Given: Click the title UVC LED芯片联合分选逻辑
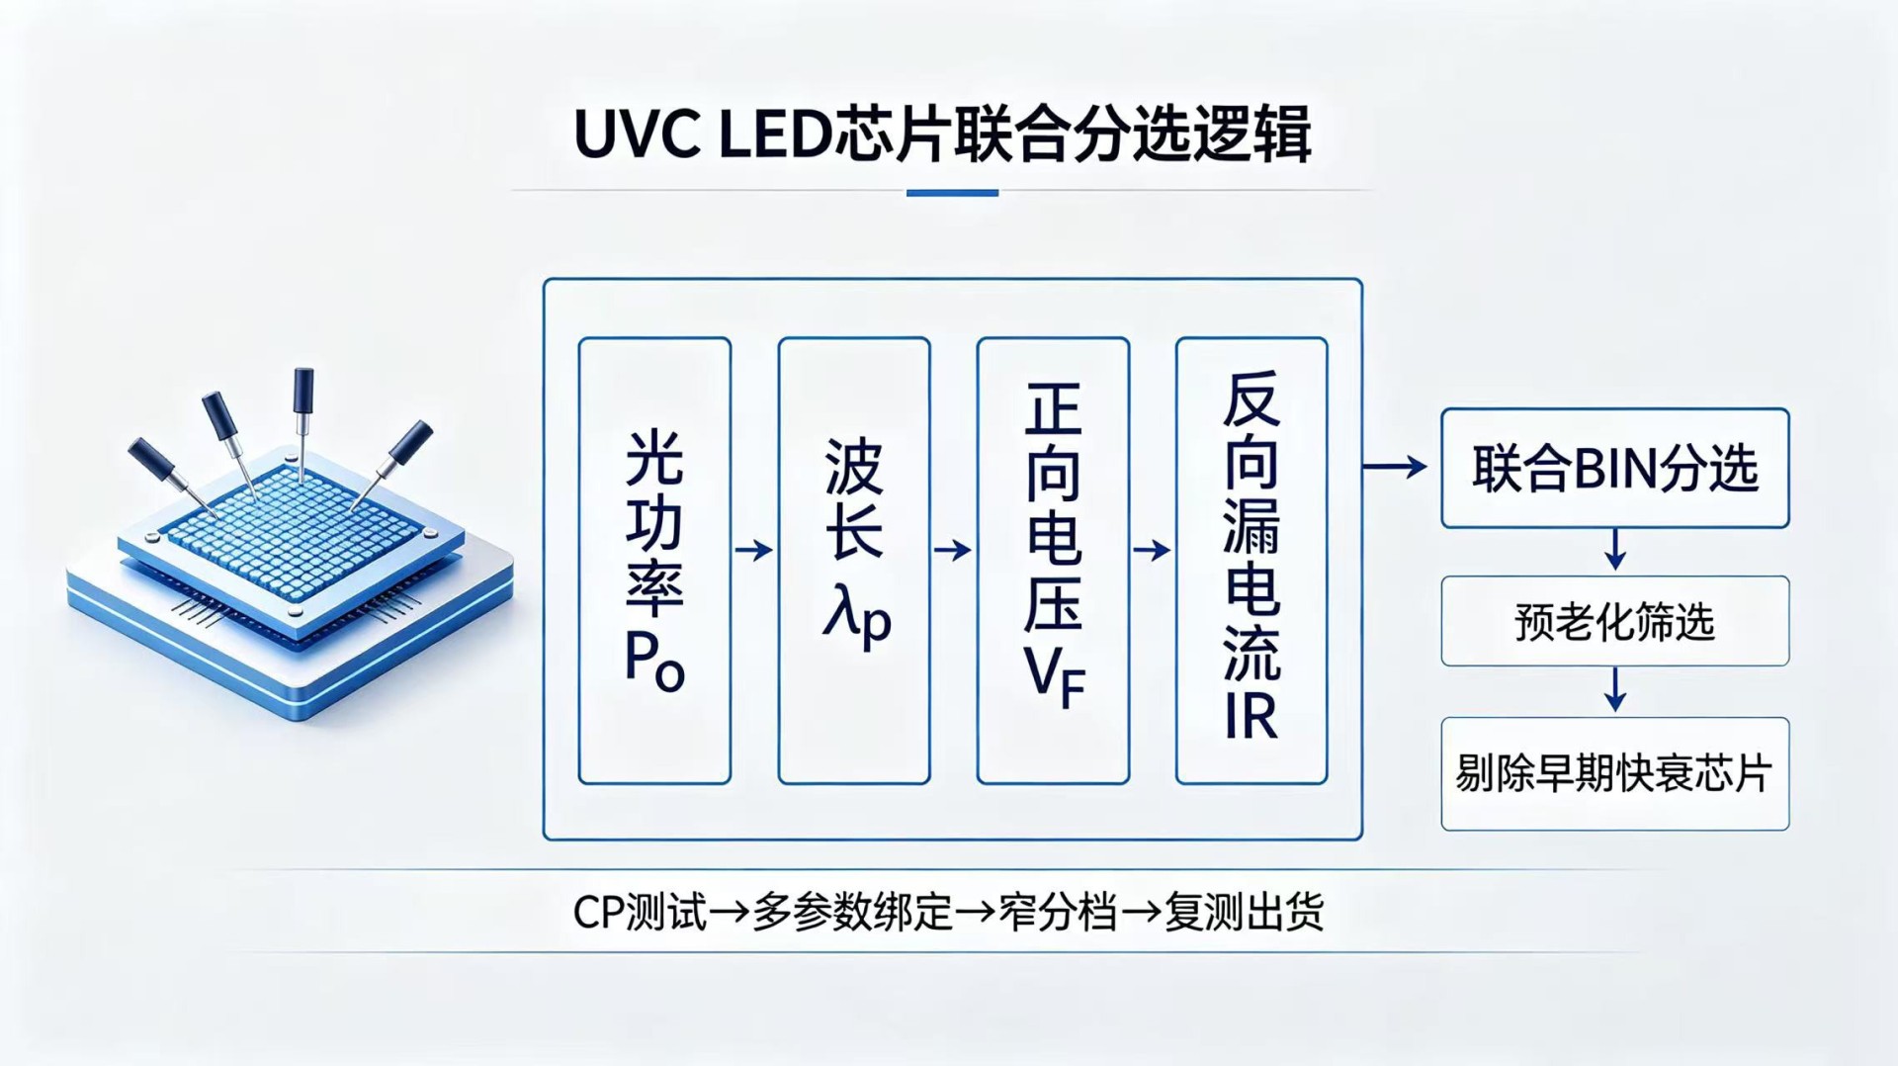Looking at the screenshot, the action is click(942, 135).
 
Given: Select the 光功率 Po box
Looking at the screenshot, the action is click(654, 561).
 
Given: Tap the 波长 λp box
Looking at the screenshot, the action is click(854, 561).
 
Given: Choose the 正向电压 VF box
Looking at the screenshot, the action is click(1053, 561).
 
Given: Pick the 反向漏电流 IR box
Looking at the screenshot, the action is click(1251, 561).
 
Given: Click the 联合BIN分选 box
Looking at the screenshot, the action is click(1615, 468).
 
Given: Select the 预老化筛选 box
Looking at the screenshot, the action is click(1615, 621).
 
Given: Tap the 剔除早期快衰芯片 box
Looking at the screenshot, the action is click(1615, 773).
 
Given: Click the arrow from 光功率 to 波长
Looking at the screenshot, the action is click(754, 550).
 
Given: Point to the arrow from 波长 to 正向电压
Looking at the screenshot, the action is click(953, 550).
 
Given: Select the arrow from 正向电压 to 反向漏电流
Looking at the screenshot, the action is click(1152, 550).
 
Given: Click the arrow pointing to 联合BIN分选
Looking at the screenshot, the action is click(1395, 466).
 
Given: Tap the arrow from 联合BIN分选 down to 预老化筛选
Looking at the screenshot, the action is click(1615, 550).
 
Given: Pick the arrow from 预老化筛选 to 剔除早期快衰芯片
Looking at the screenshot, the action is click(1615, 689).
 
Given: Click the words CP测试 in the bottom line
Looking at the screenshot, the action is click(641, 912).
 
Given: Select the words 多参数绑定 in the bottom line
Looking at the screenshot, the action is click(852, 912).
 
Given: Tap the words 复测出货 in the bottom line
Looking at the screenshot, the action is click(1244, 912).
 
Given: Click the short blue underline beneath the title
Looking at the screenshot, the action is click(952, 193).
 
